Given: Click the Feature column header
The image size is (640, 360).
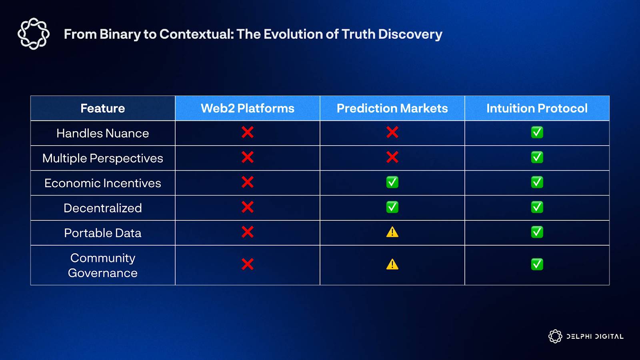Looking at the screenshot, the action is click(x=102, y=108).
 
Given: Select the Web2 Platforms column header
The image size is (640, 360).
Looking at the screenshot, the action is click(x=248, y=108).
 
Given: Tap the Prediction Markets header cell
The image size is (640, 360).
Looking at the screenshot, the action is click(x=392, y=108).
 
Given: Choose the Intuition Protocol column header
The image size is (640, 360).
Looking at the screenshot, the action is click(x=537, y=108).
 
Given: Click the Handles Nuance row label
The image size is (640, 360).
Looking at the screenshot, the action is click(x=102, y=133).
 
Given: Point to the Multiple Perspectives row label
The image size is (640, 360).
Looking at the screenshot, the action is click(x=102, y=158).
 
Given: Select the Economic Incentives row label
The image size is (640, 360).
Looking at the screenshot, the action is click(x=102, y=183).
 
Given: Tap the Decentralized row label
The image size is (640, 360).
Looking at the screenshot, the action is click(x=102, y=208).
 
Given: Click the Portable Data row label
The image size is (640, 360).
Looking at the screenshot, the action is click(x=102, y=233).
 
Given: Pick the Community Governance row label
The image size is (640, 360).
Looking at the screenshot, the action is click(x=102, y=266).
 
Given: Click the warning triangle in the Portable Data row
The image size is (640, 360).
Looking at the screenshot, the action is click(x=392, y=232).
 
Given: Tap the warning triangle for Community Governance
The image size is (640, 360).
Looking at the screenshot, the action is click(x=392, y=264).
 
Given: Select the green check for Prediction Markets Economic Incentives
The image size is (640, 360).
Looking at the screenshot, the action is click(x=392, y=182).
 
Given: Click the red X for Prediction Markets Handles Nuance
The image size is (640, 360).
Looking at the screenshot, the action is click(x=392, y=132).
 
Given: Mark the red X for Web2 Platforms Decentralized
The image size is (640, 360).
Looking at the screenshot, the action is click(x=248, y=207).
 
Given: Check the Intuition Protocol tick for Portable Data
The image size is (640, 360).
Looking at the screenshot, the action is click(x=537, y=232).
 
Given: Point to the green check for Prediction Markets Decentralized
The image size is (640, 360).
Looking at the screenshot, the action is click(x=392, y=207).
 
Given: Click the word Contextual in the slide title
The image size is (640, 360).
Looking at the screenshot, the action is click(x=196, y=34).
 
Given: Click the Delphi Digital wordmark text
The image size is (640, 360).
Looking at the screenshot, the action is click(x=595, y=336).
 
